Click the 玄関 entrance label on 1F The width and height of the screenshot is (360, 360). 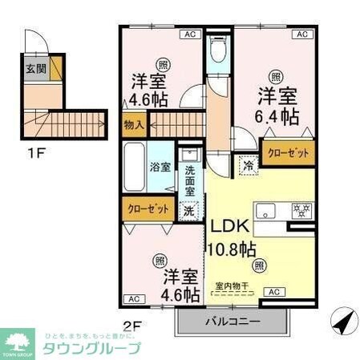click(x=34, y=69)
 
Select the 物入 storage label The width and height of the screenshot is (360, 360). click(x=133, y=124)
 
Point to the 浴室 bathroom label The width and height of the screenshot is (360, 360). click(x=159, y=168)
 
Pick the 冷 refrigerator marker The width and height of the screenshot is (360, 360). click(x=249, y=166)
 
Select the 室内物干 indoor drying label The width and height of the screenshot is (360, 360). click(x=233, y=285)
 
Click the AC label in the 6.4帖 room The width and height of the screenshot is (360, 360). click(x=302, y=34)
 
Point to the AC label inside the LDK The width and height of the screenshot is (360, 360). click(x=273, y=293)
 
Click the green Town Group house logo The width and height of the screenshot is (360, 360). click(x=19, y=341)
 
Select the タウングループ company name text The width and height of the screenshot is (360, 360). click(x=91, y=348)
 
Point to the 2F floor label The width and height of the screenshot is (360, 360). click(x=131, y=326)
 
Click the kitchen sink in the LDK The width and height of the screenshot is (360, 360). click(x=265, y=211)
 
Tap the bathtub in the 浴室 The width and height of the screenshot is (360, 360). click(x=134, y=168)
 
